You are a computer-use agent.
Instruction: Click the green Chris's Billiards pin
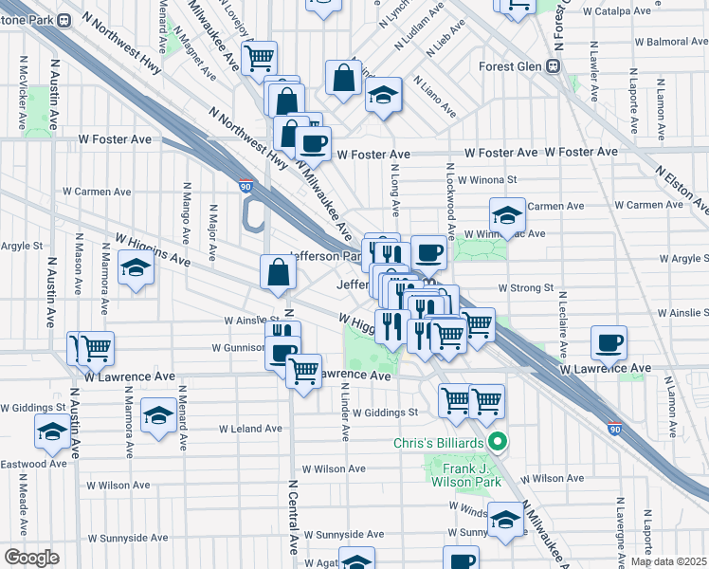pos(496,442)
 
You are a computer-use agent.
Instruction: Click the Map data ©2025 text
pos(668,561)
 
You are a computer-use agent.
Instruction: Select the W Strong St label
pos(525,287)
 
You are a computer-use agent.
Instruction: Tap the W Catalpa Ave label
pos(615,12)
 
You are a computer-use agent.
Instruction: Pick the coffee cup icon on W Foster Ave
pos(312,144)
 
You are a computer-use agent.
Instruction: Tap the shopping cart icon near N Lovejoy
pos(258,58)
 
